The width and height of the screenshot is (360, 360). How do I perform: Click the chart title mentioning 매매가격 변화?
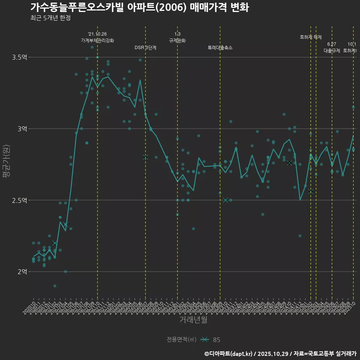139,7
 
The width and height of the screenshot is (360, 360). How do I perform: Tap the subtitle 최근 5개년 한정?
50,18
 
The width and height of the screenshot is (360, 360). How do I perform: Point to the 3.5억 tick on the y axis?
19,57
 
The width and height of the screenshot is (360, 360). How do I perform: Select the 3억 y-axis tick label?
22,129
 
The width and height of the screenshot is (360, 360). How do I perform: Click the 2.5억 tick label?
19,200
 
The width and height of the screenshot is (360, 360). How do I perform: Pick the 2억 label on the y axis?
22,271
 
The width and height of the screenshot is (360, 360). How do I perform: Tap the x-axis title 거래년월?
193,320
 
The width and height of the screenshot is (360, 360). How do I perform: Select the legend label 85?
216,340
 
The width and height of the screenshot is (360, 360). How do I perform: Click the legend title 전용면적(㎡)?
181,339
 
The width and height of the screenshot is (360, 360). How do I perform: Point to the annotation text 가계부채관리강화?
97,40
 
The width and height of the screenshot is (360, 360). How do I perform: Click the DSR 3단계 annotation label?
145,48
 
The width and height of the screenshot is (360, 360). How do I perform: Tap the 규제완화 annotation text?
177,40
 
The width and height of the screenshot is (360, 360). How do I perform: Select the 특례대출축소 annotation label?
220,48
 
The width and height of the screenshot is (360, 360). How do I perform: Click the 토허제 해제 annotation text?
311,37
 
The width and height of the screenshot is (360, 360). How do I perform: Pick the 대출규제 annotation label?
332,51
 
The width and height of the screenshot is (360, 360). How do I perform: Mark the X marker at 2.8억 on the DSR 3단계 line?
145,157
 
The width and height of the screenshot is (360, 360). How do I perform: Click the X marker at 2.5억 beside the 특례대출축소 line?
225,200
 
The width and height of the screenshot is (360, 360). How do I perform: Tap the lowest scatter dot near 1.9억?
55,286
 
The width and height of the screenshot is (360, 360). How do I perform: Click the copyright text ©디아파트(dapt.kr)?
229,354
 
